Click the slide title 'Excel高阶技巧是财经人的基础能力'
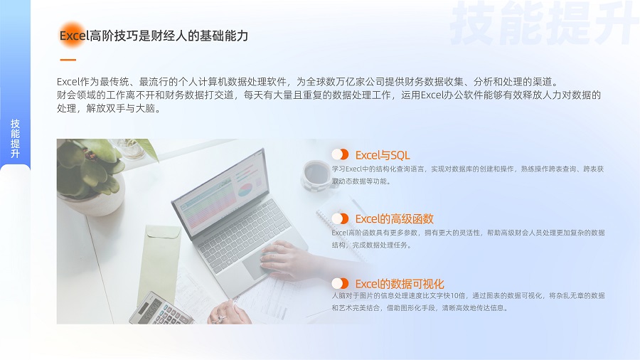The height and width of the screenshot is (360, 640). pyautogui.click(x=154, y=36)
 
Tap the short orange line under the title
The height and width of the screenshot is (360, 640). pyautogui.click(x=68, y=60)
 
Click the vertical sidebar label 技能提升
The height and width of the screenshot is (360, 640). pyautogui.click(x=15, y=138)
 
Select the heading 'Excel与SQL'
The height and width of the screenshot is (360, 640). pyautogui.click(x=383, y=155)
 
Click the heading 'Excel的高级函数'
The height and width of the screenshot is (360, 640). pyautogui.click(x=394, y=219)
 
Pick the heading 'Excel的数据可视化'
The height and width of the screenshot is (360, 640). pyautogui.click(x=400, y=284)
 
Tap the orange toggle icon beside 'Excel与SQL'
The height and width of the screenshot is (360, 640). pyautogui.click(x=340, y=154)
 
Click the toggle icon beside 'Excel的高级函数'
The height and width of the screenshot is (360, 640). pyautogui.click(x=340, y=219)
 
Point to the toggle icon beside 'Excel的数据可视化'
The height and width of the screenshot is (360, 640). pyautogui.click(x=340, y=283)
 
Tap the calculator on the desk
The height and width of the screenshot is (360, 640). pyautogui.click(x=160, y=309)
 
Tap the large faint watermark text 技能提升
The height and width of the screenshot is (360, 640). pyautogui.click(x=544, y=23)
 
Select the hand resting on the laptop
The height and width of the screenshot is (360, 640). pyautogui.click(x=287, y=260)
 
